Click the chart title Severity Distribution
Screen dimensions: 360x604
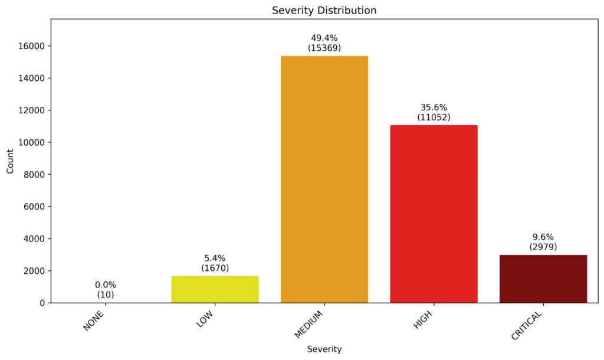point(324,10)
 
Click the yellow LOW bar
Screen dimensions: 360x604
point(215,289)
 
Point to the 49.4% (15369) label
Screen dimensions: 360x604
point(324,42)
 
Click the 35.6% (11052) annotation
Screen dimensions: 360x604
point(434,112)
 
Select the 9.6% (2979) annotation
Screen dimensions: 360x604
point(543,242)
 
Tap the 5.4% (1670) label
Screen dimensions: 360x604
point(215,263)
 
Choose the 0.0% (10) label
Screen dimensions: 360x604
point(106,289)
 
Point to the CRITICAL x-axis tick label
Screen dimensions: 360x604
point(527,325)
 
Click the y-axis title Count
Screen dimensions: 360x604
point(10,161)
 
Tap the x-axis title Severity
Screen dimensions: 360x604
point(324,349)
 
